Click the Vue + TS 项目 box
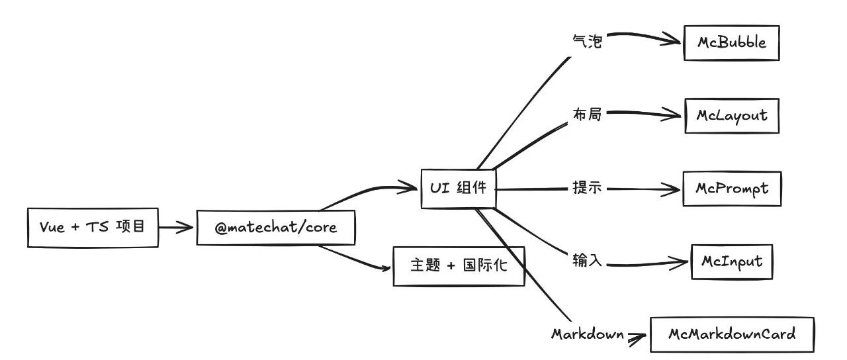(93, 228)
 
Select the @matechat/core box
(276, 228)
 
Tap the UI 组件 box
(458, 189)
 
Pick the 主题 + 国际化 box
(459, 266)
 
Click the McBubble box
(731, 43)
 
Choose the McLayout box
(731, 116)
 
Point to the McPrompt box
(732, 189)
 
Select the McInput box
(731, 261)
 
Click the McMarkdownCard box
(732, 334)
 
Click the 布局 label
(587, 114)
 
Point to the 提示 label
(587, 188)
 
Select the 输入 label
(587, 261)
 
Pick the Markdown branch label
(588, 334)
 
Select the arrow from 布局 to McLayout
(642, 114)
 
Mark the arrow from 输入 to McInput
(645, 263)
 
